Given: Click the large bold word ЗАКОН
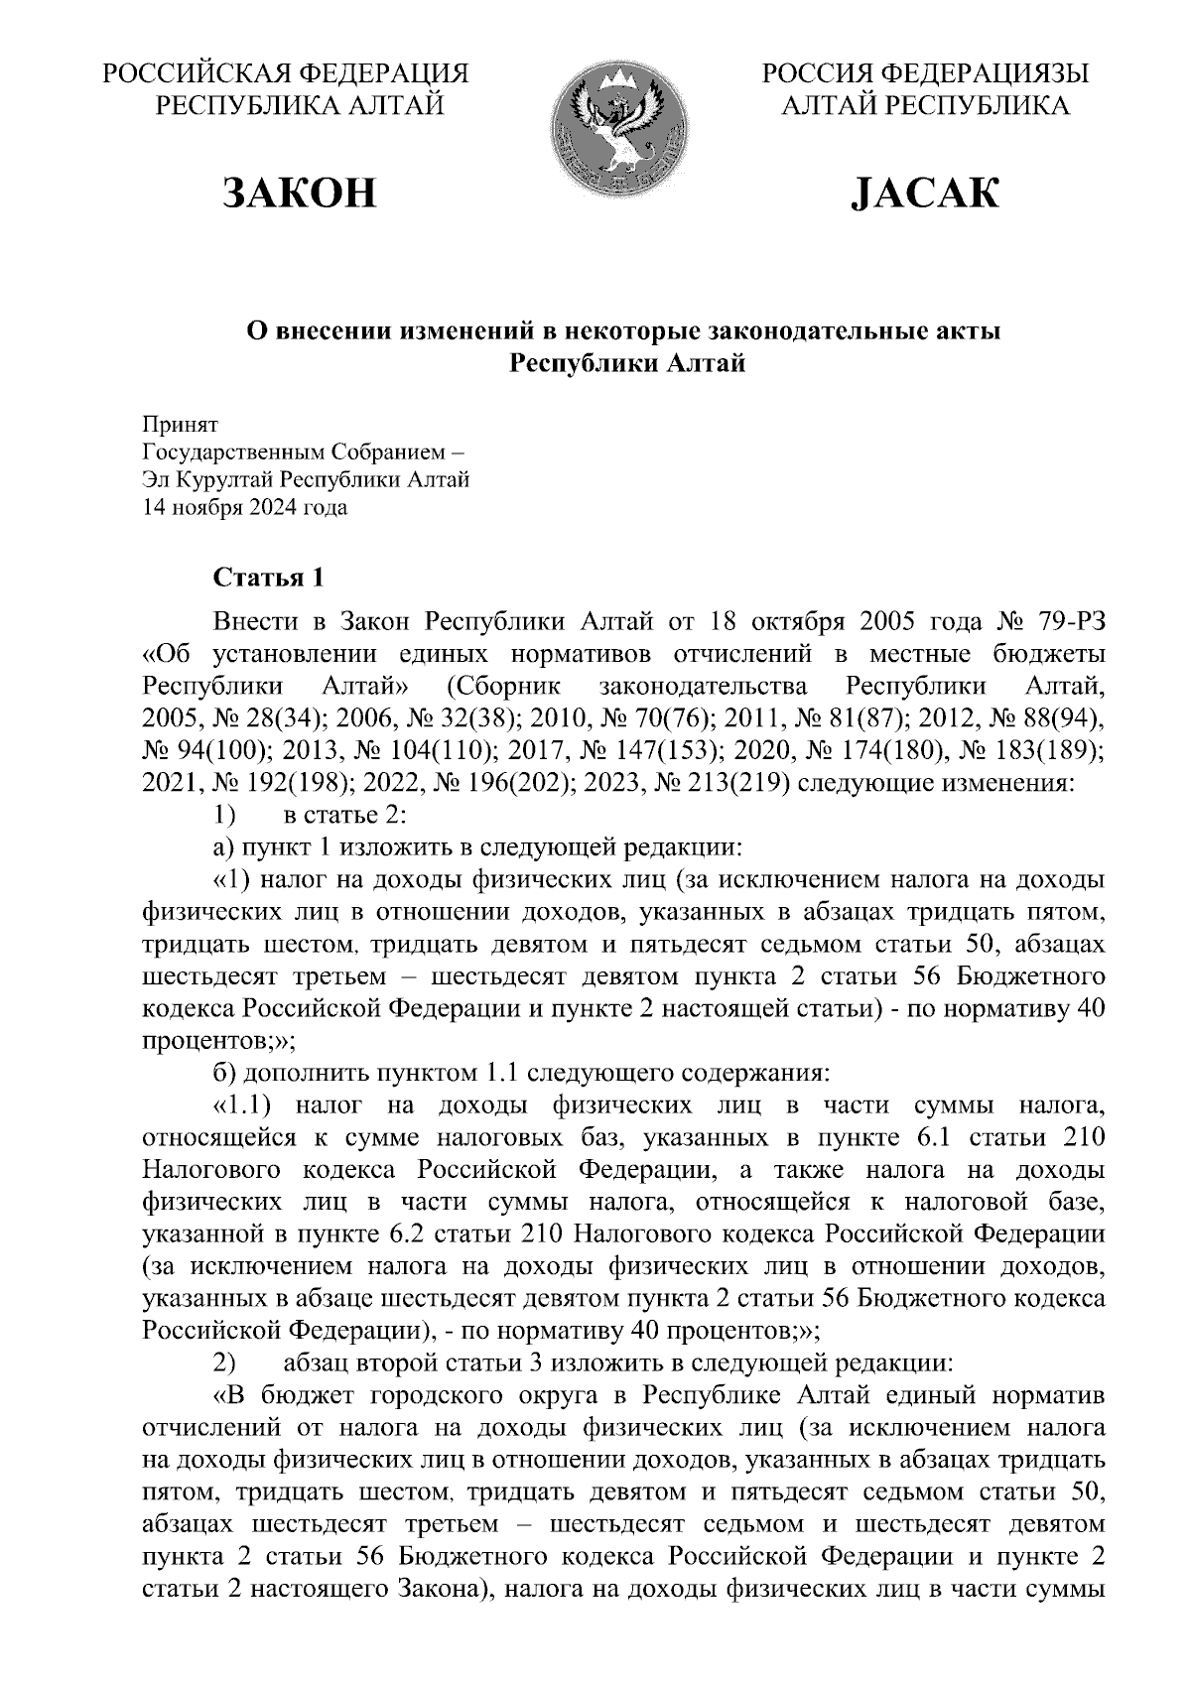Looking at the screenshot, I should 302,193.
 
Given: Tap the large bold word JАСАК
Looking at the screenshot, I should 925,193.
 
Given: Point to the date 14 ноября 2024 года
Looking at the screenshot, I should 245,508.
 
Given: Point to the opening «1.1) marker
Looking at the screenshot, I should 243,1105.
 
